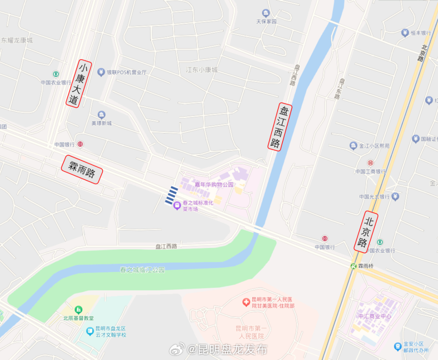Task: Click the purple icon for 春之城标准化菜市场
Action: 177,206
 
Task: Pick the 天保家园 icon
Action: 266,13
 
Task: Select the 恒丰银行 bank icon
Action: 404,33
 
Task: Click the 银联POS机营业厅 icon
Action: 101,72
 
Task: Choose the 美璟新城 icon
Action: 101,115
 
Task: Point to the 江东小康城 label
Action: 202,70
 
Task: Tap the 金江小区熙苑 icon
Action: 353,145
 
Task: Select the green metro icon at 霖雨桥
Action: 354,266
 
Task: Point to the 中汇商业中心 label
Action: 375,316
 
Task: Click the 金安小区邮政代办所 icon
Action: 398,346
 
